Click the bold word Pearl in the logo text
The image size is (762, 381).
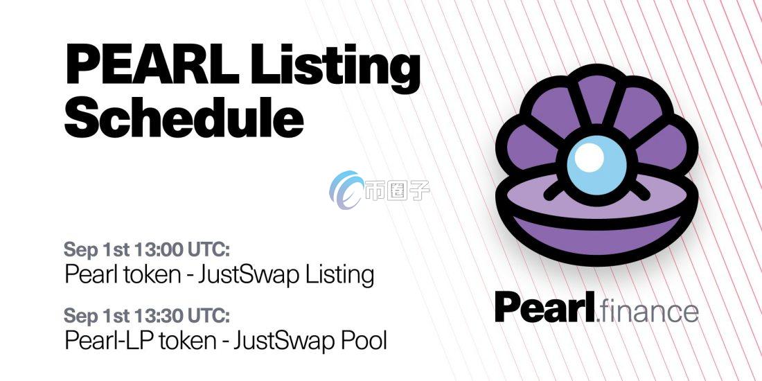(544, 308)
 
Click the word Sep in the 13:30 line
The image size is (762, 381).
(78, 315)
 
